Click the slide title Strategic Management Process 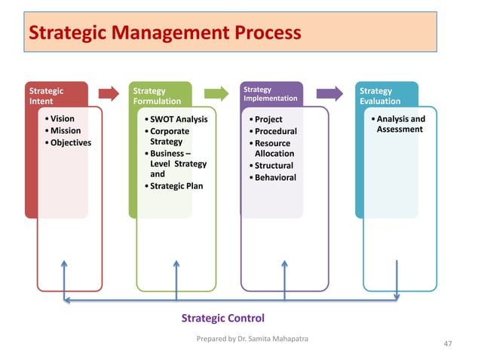tap(164, 33)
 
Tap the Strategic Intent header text tap(46, 96)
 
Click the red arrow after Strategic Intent tap(109, 93)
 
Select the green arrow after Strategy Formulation tap(216, 93)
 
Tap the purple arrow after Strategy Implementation tap(329, 93)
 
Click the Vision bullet tap(62, 119)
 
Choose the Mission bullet tap(65, 131)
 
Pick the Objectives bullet tap(70, 143)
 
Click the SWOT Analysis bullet tap(178, 119)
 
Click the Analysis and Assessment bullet tap(400, 124)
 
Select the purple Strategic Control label tap(222, 319)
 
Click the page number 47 tap(448, 343)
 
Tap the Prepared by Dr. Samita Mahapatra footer tap(252, 338)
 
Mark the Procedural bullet tap(275, 131)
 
